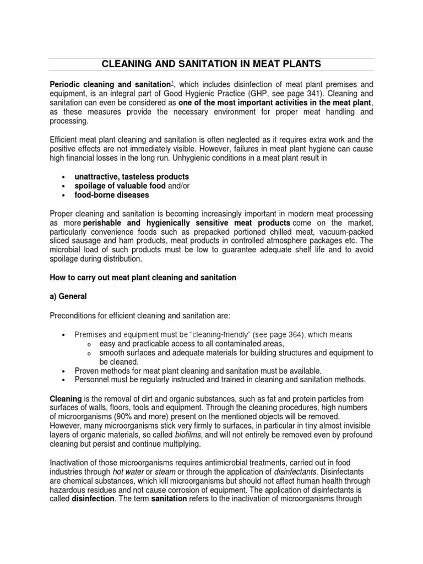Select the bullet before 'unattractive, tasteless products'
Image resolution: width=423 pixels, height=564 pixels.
point(64,177)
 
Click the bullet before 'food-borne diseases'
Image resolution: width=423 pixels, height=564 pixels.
point(64,196)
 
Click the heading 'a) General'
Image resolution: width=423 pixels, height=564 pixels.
point(68,296)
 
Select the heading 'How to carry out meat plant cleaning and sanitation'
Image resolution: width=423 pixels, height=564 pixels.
point(143,278)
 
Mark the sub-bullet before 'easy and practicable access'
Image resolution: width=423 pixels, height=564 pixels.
point(89,344)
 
